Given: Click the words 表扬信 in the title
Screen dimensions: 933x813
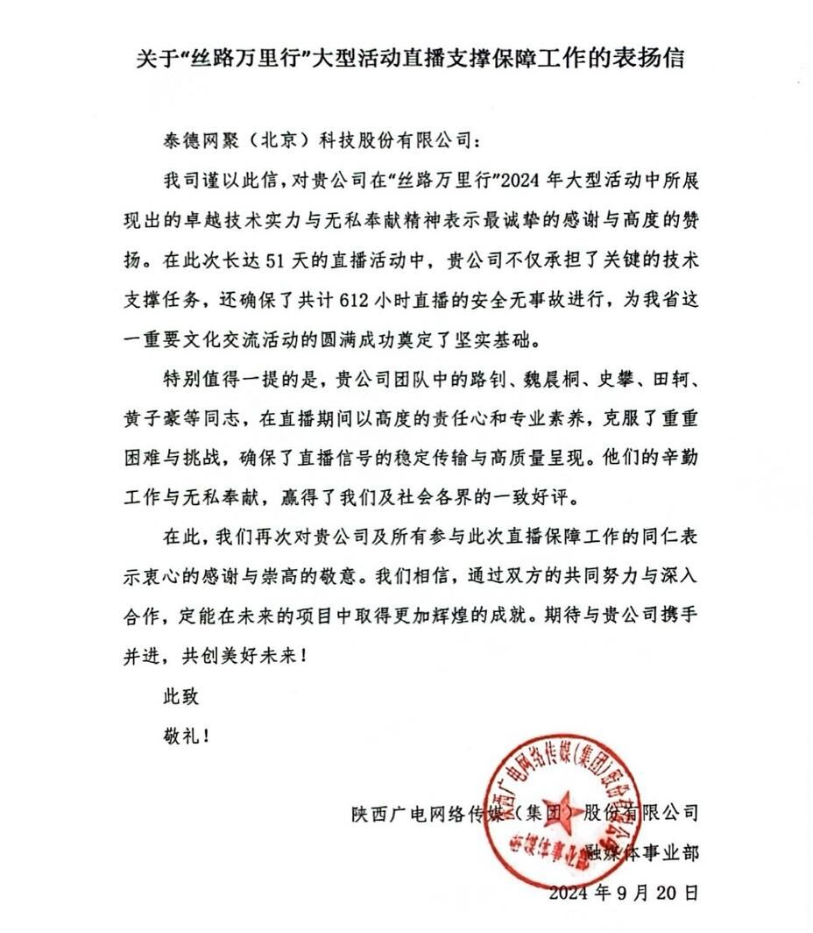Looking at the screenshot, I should pyautogui.click(x=654, y=60).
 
